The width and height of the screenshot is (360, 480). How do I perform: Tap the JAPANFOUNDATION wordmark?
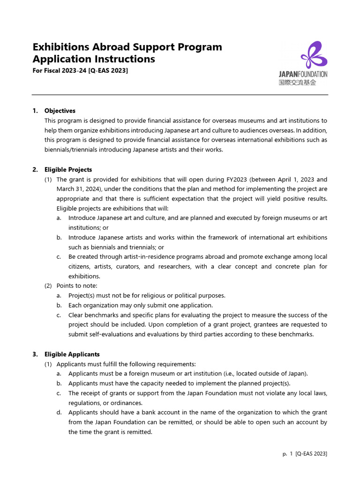pyautogui.click(x=303, y=74)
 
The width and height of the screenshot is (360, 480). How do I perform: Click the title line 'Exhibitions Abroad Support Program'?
pyautogui.click(x=127, y=47)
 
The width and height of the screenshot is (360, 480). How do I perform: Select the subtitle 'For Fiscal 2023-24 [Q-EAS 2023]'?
pyautogui.click(x=80, y=70)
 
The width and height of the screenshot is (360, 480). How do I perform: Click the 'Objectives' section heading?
pyautogui.click(x=60, y=111)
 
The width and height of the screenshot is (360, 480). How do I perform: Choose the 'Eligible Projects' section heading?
pyautogui.click(x=68, y=170)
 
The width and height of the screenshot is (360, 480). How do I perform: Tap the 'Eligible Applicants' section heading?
pyautogui.click(x=72, y=354)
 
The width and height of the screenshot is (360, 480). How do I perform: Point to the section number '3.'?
pyautogui.click(x=35, y=354)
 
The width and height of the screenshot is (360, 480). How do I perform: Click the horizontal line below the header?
pyautogui.click(x=180, y=95)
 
